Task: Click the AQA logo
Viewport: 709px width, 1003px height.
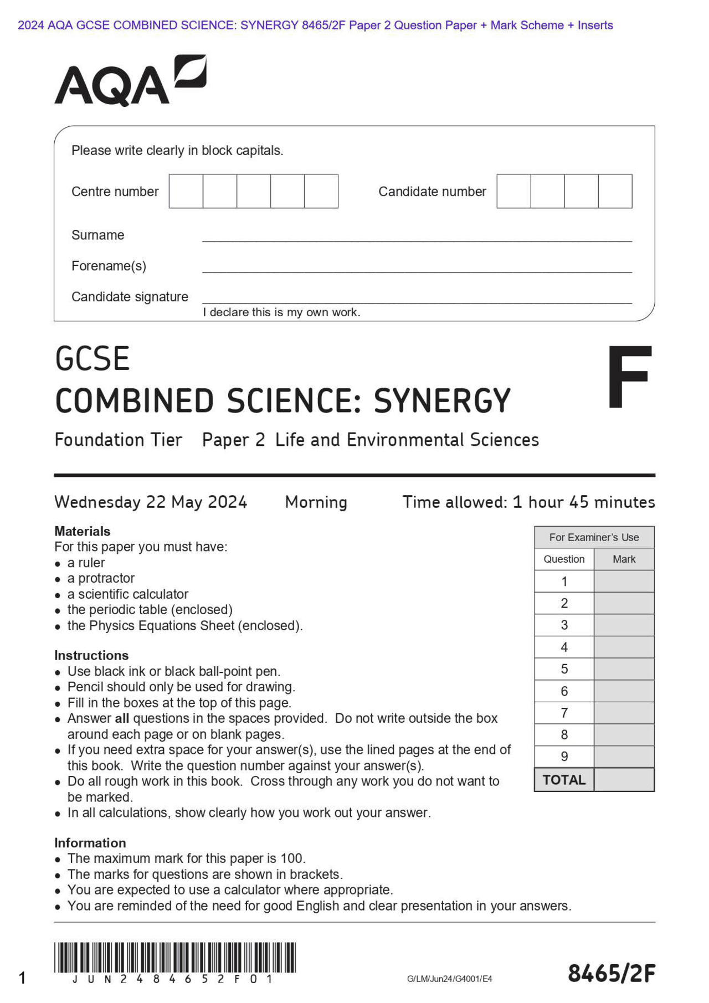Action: click(130, 81)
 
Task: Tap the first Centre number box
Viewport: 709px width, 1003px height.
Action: click(186, 191)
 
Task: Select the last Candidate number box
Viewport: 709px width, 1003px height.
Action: click(615, 191)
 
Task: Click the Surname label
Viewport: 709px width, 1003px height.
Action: click(98, 235)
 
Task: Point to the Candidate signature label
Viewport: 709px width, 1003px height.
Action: click(130, 297)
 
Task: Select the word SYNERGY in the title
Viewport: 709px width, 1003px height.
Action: click(441, 401)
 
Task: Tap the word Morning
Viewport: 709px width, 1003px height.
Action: click(316, 502)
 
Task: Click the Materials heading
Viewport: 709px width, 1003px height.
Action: click(83, 531)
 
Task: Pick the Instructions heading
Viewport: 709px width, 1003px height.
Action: click(91, 655)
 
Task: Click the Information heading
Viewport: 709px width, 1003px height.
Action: click(90, 842)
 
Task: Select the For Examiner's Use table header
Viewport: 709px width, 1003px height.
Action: click(594, 537)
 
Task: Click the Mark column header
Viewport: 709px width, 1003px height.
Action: click(624, 559)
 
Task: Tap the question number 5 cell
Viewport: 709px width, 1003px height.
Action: click(564, 669)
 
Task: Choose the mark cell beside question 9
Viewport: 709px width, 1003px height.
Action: click(624, 757)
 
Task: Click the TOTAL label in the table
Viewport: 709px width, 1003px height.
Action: click(564, 780)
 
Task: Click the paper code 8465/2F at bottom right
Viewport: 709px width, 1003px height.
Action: click(612, 973)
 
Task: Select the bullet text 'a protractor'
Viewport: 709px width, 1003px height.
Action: click(101, 578)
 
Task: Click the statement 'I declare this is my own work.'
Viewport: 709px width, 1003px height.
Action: click(281, 312)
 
